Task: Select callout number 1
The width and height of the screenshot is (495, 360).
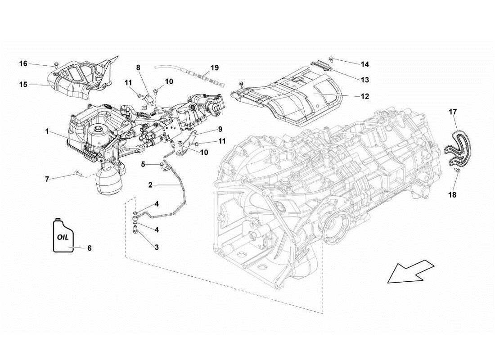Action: pos(47,132)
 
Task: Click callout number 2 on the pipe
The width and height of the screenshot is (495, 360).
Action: pos(150,184)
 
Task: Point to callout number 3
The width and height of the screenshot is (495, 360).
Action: pos(157,247)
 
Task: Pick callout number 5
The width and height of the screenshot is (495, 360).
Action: pos(143,164)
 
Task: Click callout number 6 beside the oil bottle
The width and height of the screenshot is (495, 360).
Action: pos(89,248)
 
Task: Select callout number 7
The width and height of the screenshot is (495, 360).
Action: pos(47,179)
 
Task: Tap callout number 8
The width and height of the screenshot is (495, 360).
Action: pos(139,67)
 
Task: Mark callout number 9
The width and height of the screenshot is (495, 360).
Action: pos(220,129)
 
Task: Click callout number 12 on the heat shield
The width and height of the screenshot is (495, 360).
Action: pos(364,96)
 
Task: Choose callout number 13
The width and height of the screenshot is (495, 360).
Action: pos(364,80)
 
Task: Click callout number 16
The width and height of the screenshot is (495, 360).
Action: pos(23,63)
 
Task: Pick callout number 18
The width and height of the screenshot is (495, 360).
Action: pos(452,195)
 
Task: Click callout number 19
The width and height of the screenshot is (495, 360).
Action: pos(214,68)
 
